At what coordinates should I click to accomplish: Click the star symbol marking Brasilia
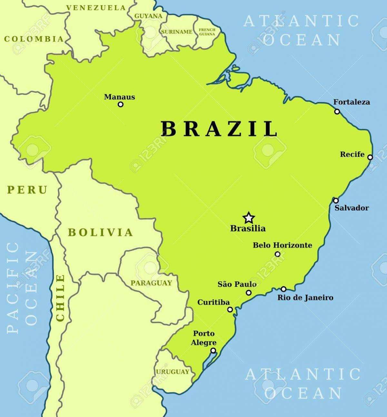point(248,218)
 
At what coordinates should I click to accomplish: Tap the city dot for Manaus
point(121,104)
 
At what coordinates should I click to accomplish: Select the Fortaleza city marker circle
point(337,112)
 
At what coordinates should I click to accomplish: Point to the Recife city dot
point(370,158)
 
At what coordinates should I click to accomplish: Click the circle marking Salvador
point(336,200)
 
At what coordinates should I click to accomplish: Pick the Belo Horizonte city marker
point(277,254)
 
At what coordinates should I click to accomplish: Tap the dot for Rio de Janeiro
point(283,289)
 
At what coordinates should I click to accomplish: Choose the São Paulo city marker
point(249,293)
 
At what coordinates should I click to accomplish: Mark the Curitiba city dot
point(230,310)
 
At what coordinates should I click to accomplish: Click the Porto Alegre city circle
point(213,351)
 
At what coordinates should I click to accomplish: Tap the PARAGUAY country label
point(151,283)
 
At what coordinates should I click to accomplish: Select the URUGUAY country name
point(173,372)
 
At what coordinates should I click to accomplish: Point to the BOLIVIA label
point(100,232)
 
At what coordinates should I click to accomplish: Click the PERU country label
point(27,190)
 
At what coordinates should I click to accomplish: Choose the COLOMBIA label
point(34,39)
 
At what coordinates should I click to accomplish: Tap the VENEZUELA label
point(96,8)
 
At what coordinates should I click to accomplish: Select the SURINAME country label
point(177,32)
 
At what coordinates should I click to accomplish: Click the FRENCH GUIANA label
point(207,32)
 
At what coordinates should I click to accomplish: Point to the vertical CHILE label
point(60,298)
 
